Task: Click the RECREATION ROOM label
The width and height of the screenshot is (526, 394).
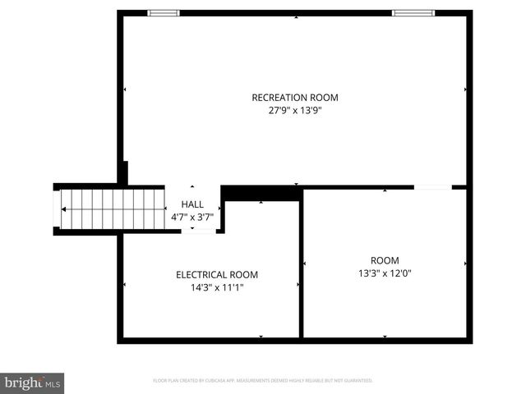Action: point(294,98)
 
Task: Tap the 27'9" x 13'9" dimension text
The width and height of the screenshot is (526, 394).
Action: point(294,112)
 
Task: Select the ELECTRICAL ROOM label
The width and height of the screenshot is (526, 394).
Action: point(216,275)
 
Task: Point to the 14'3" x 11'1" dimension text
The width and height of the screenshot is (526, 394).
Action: point(216,288)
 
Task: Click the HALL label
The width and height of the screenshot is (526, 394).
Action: point(192,204)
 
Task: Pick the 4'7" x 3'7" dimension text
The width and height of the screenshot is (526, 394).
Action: point(192,218)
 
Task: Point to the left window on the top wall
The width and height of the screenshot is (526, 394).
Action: point(163,13)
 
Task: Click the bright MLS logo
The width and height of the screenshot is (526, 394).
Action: point(32,383)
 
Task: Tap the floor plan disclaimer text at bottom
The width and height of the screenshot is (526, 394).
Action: point(263,381)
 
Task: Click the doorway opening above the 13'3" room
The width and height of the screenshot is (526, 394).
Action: point(432,187)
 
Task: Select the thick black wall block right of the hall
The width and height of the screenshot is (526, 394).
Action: point(262,193)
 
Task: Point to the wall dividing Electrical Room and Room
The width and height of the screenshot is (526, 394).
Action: point(301,263)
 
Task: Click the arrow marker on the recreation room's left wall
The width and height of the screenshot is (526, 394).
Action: point(125,89)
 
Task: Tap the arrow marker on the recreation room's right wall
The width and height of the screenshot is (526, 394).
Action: point(466,89)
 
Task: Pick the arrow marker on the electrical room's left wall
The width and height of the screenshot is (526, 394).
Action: point(125,285)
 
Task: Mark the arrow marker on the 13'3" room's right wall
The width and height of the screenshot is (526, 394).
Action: point(466,263)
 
